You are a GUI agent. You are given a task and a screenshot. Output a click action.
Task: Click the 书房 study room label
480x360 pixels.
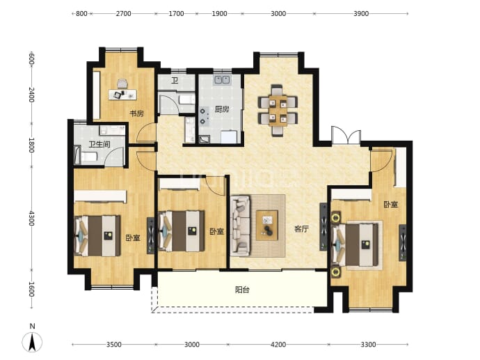[x=136, y=114]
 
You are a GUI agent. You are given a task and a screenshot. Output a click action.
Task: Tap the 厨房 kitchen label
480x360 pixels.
[x=222, y=109]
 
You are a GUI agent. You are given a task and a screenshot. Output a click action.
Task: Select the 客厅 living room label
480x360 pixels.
[x=301, y=229]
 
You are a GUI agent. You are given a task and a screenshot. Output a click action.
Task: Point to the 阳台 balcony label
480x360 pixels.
[x=242, y=290]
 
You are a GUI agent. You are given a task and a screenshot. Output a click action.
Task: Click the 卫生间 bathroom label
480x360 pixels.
[x=99, y=143]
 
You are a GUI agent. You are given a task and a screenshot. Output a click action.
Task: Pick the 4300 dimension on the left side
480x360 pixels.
[x=31, y=218]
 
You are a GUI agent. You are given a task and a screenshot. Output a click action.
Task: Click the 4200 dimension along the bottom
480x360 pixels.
[x=278, y=345]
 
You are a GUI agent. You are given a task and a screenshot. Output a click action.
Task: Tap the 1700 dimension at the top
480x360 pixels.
[x=176, y=13]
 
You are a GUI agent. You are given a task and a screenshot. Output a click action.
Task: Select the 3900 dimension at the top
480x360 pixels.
[x=361, y=13]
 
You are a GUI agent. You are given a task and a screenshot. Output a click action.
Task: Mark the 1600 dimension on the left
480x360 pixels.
[x=31, y=289]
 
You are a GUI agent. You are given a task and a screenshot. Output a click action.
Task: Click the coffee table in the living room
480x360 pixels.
[x=267, y=225]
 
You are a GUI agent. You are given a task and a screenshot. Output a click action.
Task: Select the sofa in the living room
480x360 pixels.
[x=240, y=226]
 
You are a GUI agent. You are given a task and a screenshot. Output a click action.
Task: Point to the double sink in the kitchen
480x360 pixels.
[x=222, y=79]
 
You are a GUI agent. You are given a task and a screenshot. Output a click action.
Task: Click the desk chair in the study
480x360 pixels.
[x=122, y=84]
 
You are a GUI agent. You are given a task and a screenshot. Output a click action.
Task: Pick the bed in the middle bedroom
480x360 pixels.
[x=182, y=230]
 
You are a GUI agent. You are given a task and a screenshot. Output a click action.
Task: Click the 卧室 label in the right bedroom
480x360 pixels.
[x=391, y=204]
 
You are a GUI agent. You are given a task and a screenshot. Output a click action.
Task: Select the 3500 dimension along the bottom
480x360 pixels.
[x=114, y=345]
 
